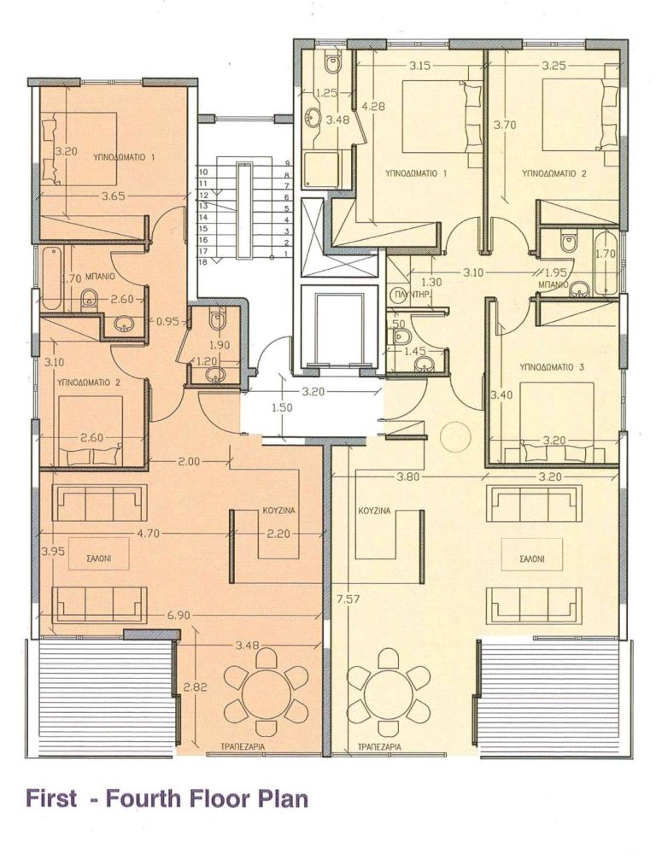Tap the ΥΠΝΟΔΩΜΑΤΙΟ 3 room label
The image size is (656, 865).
point(552,366)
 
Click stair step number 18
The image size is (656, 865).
point(203,263)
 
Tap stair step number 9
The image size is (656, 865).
point(288,163)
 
